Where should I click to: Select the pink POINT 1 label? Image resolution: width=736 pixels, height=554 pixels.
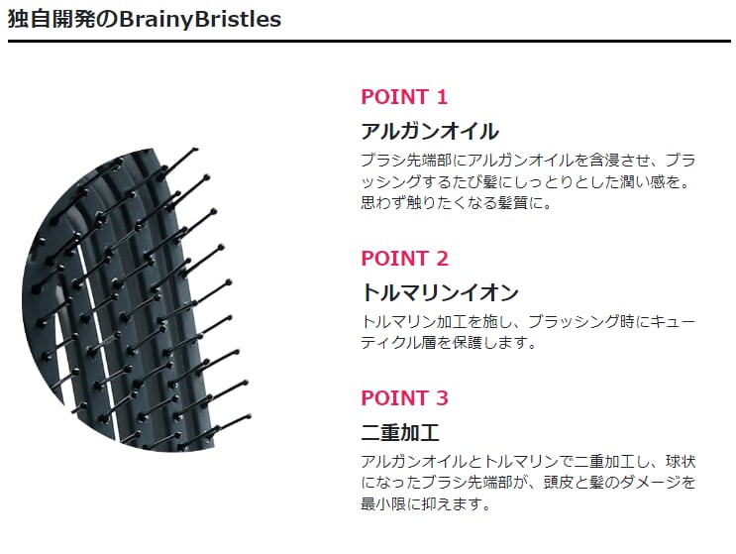coord(404,97)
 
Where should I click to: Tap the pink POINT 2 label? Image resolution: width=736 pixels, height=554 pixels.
coord(404,259)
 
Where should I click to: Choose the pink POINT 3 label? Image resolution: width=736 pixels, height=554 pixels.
coord(404,398)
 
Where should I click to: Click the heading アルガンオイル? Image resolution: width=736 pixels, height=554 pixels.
coord(429,132)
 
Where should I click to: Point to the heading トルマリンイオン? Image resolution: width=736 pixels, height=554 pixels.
coord(440,292)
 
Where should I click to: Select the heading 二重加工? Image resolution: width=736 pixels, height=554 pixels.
coord(399,432)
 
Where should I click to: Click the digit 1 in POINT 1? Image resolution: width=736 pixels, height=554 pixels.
coord(441,97)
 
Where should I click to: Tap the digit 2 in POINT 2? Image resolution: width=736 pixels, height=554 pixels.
coord(442,259)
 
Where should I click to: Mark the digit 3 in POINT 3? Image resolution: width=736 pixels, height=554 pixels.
coord(442,398)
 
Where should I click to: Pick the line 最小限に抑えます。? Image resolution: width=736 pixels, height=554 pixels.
coord(426,504)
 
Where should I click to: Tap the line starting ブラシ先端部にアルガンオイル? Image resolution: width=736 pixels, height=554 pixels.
coord(529,160)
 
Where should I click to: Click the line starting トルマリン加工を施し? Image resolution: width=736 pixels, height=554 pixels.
coord(529,321)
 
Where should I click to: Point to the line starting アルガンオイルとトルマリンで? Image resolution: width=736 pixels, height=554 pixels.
coord(529,462)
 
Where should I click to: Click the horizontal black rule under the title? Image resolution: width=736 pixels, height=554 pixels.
coord(368,42)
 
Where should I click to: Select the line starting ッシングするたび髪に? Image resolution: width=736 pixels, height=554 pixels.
coord(529,182)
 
